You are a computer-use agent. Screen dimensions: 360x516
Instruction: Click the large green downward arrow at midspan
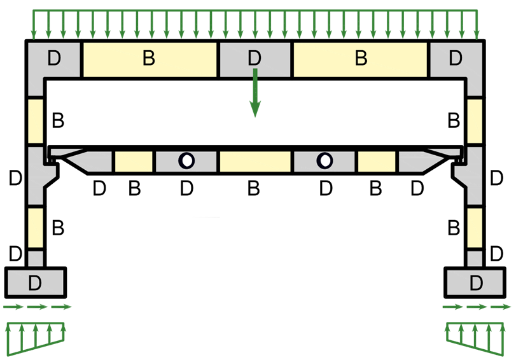(255, 95)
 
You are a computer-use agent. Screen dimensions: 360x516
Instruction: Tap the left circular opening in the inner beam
(186, 160)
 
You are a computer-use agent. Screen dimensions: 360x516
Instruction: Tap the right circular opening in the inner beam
(325, 160)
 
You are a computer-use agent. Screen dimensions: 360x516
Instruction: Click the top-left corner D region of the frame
(53, 59)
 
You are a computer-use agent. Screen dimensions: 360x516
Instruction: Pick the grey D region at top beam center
(255, 59)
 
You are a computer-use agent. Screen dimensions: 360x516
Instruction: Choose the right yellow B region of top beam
(361, 59)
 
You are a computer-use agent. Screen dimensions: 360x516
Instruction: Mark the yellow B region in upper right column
(475, 121)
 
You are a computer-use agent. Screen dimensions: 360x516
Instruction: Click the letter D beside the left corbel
(16, 178)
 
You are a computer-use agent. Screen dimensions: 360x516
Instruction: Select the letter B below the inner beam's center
(253, 189)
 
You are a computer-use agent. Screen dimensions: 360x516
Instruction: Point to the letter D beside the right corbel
(497, 178)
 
